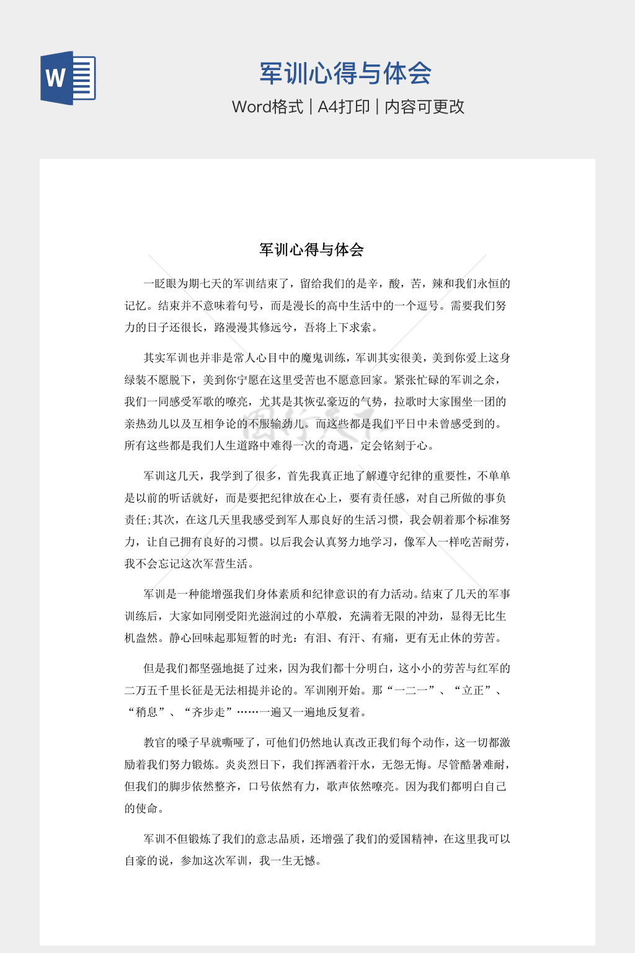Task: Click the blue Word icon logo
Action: tap(68, 78)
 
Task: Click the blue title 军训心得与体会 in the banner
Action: tap(345, 73)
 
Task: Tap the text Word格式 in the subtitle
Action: tap(267, 107)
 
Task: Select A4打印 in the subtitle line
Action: tap(344, 107)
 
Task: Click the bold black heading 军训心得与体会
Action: tap(311, 249)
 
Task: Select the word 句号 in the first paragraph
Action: tap(248, 305)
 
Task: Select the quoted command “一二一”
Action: tap(410, 690)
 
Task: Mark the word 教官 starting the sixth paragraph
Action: tap(155, 743)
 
